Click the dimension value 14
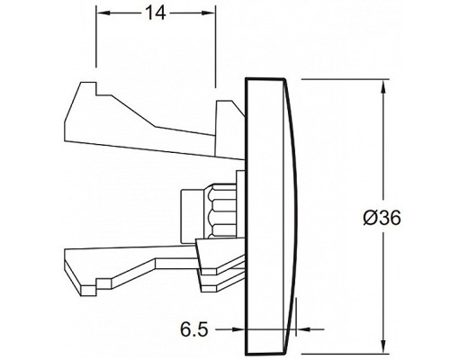pyautogui.click(x=155, y=13)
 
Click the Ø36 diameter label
pyautogui.click(x=382, y=218)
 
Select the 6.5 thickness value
pyautogui.click(x=194, y=329)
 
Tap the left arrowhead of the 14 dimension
pyautogui.click(x=103, y=13)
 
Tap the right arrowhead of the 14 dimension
pyautogui.click(x=209, y=13)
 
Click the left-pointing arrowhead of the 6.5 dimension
pyautogui.click(x=302, y=329)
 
